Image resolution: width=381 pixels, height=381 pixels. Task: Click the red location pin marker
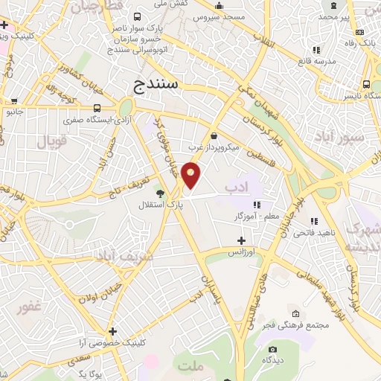[191, 176]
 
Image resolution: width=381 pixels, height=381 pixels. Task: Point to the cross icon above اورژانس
[240, 240]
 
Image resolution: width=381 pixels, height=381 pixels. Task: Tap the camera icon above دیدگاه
[272, 349]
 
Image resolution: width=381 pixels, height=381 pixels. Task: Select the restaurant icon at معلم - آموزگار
[256, 205]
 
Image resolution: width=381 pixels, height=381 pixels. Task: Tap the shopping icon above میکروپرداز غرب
[214, 136]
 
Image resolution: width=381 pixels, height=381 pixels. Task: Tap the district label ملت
[190, 365]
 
